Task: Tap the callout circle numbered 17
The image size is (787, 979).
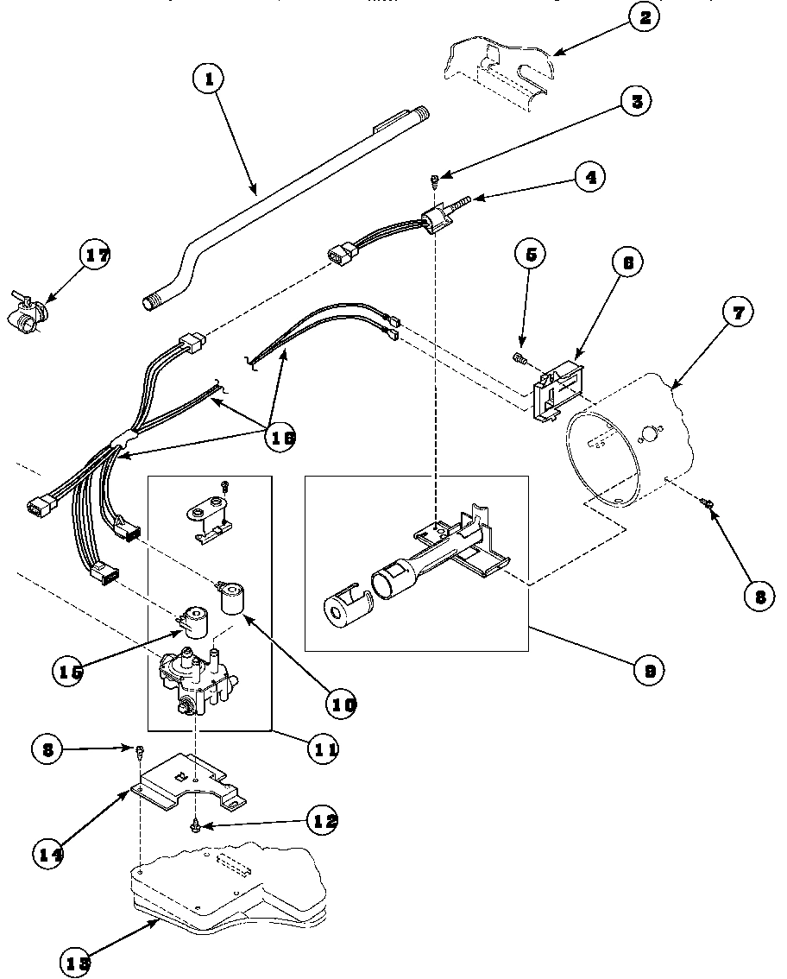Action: coord(95,256)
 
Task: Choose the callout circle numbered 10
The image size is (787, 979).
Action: coord(341,704)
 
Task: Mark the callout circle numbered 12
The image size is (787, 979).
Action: coord(322,820)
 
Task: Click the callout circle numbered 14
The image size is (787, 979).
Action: coord(50,855)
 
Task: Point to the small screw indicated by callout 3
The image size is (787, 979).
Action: coord(436,179)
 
